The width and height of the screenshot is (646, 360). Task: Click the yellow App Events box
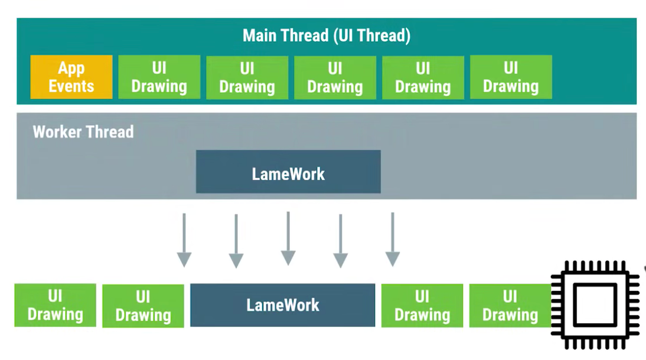(71, 77)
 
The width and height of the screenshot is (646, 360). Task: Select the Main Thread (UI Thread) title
(327, 35)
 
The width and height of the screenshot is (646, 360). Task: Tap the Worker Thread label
(83, 132)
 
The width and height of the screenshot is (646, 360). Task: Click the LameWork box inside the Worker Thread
(288, 171)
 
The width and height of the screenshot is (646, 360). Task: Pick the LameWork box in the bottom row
(283, 305)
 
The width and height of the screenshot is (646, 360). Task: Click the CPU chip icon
(595, 305)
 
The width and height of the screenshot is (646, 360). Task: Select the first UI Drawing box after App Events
(159, 77)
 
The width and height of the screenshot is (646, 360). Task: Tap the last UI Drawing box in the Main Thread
(511, 77)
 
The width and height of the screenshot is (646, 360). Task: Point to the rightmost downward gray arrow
(393, 240)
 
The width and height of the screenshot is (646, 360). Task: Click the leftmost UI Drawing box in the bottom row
(55, 305)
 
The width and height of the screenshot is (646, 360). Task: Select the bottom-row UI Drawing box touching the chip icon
(510, 306)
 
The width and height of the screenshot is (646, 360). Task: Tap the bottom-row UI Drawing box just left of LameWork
(143, 306)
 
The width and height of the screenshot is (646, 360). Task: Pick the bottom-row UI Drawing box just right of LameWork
(422, 306)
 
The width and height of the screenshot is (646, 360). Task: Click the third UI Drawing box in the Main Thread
(335, 77)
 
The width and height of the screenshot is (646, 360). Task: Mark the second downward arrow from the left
(236, 241)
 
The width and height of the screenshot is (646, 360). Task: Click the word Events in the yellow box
(71, 86)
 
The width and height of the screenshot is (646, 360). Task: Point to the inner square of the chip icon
(595, 305)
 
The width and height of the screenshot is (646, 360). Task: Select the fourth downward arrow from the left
(340, 241)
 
